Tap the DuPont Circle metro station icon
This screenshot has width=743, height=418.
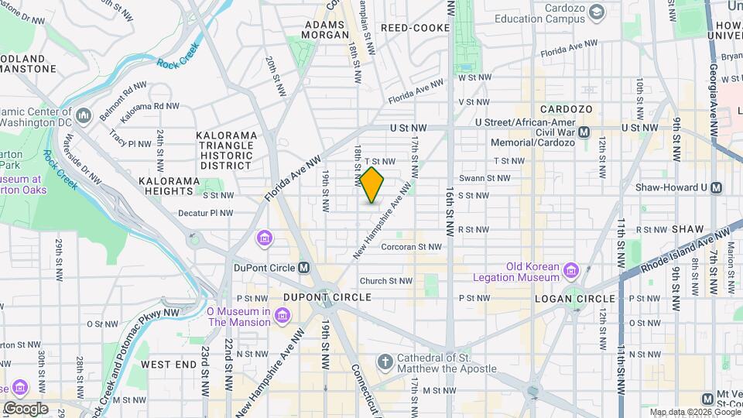click(304, 268)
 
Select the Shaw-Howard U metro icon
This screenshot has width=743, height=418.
click(717, 187)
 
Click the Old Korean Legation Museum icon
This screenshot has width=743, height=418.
click(571, 270)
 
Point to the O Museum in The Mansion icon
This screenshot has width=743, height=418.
click(282, 317)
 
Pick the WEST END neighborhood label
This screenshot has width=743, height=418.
click(169, 364)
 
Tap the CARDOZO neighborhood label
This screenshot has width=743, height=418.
click(566, 109)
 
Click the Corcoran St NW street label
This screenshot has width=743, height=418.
click(411, 247)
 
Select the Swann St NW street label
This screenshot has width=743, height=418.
click(484, 178)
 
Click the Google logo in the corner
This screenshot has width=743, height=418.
click(25, 408)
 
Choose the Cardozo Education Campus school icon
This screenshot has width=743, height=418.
click(597, 12)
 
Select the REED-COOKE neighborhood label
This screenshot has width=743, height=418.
click(415, 28)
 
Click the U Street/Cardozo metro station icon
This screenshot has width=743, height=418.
click(585, 132)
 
